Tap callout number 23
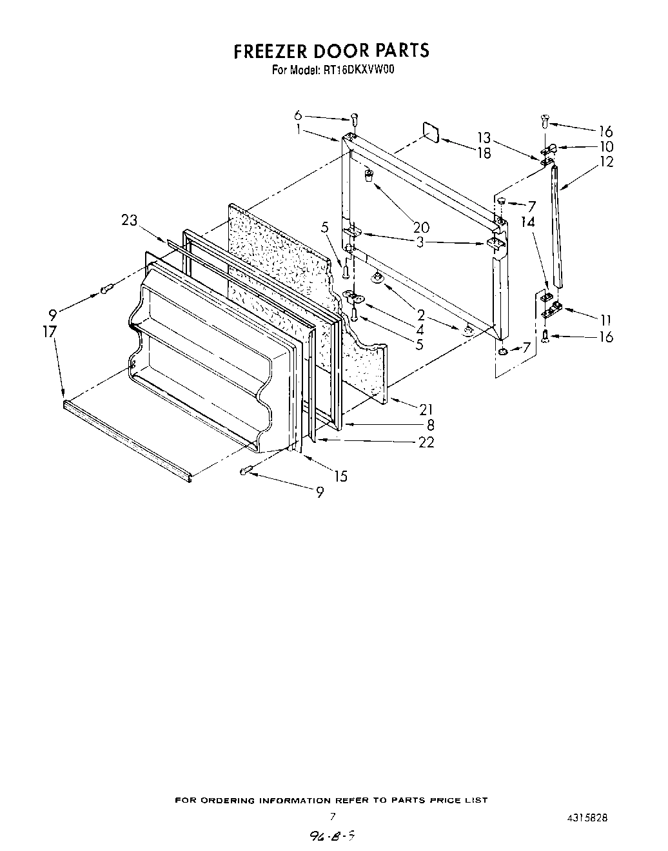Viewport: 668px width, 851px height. pyautogui.click(x=129, y=220)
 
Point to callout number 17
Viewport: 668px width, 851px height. pyautogui.click(x=50, y=332)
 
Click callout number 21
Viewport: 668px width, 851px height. pyautogui.click(x=426, y=409)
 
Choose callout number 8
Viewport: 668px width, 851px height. pyautogui.click(x=430, y=425)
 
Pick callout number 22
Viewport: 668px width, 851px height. pyautogui.click(x=426, y=442)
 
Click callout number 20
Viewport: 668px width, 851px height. pyautogui.click(x=421, y=227)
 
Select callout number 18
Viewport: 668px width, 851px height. pyautogui.click(x=483, y=153)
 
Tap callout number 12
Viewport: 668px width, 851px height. pyautogui.click(x=606, y=162)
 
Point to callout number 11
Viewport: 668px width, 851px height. pyautogui.click(x=605, y=320)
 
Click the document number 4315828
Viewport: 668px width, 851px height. pyautogui.click(x=587, y=817)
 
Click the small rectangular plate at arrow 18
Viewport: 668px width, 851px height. pyautogui.click(x=431, y=133)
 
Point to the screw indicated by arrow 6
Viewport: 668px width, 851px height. pyautogui.click(x=354, y=119)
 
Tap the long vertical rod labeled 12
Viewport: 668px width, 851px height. pyautogui.click(x=558, y=226)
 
